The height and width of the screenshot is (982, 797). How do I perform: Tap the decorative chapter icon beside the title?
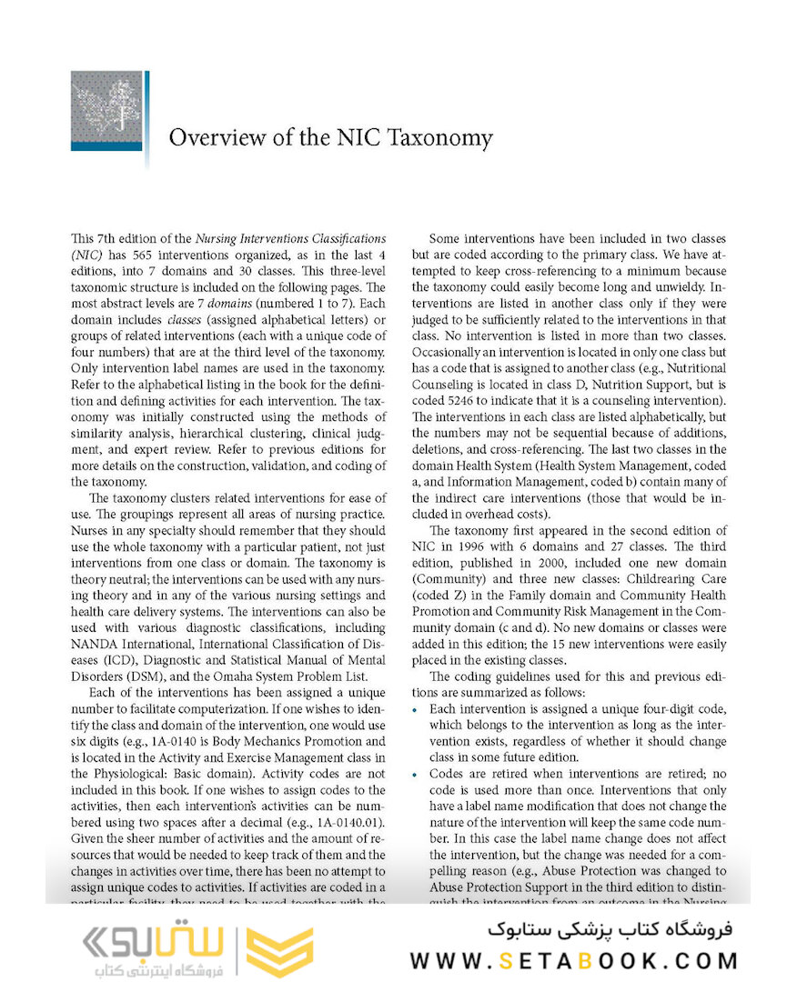tap(106, 111)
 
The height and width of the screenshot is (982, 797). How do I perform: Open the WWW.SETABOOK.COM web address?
tap(574, 960)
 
